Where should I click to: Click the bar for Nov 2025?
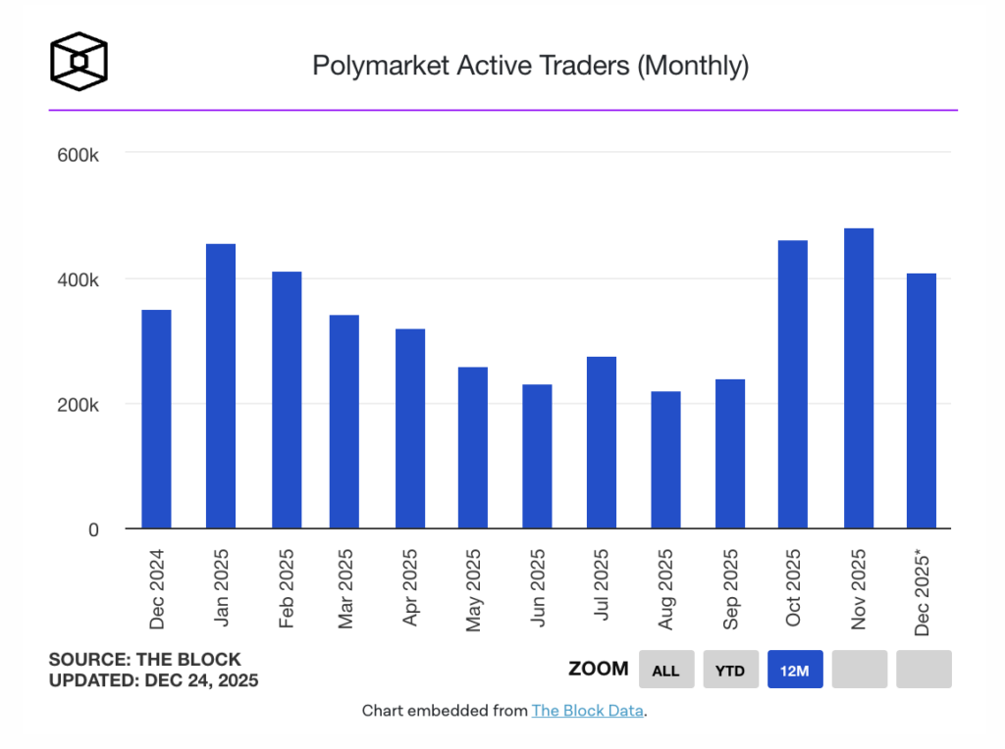point(859,378)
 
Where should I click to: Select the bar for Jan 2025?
point(221,386)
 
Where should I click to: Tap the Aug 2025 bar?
point(665,460)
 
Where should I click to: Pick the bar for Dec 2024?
point(157,420)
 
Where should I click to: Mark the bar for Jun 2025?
point(537,457)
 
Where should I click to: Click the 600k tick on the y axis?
point(79,155)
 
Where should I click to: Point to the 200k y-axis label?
point(79,405)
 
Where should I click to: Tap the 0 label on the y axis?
point(93,529)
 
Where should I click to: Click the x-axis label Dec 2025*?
point(923,592)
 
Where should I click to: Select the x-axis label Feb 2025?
point(286,588)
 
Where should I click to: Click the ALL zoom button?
point(666,670)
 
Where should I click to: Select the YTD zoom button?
point(730,670)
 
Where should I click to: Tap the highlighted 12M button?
point(795,670)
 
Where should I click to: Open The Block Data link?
point(588,711)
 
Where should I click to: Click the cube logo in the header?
point(79,61)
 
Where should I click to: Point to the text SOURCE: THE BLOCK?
point(144,660)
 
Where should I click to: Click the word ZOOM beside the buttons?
point(599,669)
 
